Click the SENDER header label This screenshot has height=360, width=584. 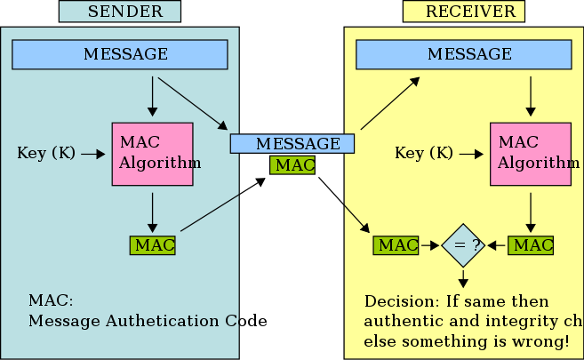pos(119,12)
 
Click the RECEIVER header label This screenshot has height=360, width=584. pos(463,12)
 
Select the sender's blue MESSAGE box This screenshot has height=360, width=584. pos(120,54)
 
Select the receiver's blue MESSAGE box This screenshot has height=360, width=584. pos(464,54)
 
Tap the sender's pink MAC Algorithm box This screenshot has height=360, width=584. pos(152,154)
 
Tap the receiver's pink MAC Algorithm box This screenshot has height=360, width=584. pos(530,154)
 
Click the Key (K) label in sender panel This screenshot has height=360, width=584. pos(46,153)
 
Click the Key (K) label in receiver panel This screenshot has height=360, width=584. pos(424,153)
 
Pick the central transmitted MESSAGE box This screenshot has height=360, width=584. pos(292,143)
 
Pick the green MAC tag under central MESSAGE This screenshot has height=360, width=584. pos(292,165)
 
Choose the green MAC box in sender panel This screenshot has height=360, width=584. pos(153,244)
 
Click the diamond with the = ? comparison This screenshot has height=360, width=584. pos(462,244)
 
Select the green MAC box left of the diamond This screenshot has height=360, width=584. pos(396,244)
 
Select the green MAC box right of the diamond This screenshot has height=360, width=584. pos(531,244)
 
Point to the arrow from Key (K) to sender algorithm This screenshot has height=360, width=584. pos(93,154)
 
